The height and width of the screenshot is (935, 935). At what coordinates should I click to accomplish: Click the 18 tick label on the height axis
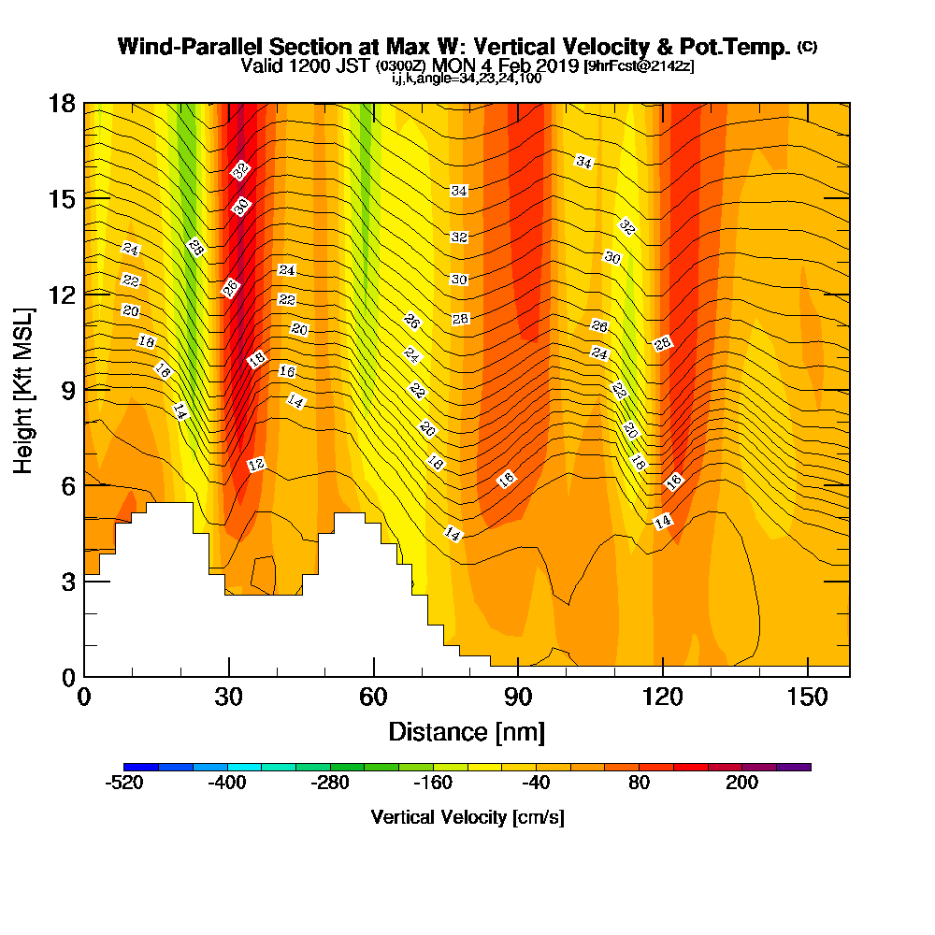(62, 104)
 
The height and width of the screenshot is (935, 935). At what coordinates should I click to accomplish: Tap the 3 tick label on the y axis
(68, 582)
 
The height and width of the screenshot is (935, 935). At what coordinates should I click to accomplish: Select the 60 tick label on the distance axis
(373, 697)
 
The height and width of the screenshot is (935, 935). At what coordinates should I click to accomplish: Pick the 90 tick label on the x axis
(518, 697)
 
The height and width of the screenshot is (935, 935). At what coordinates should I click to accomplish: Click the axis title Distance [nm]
(467, 732)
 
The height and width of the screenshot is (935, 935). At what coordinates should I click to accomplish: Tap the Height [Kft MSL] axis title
(24, 391)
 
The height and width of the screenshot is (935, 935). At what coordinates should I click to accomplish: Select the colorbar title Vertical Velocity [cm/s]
(467, 817)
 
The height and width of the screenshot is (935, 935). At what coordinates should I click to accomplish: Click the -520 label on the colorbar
(124, 783)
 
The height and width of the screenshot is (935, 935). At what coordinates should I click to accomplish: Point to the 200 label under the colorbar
(741, 783)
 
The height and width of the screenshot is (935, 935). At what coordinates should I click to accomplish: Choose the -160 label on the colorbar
(433, 783)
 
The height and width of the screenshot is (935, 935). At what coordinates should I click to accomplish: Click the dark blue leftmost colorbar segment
(141, 767)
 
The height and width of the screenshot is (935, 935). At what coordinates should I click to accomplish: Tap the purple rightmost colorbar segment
(794, 767)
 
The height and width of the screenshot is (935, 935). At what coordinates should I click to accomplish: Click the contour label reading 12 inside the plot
(256, 465)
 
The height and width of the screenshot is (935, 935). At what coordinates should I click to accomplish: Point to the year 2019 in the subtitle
(560, 65)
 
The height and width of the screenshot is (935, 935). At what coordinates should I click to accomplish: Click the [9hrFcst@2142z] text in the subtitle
(639, 65)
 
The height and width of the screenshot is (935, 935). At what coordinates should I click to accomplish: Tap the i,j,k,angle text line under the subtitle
(467, 79)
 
